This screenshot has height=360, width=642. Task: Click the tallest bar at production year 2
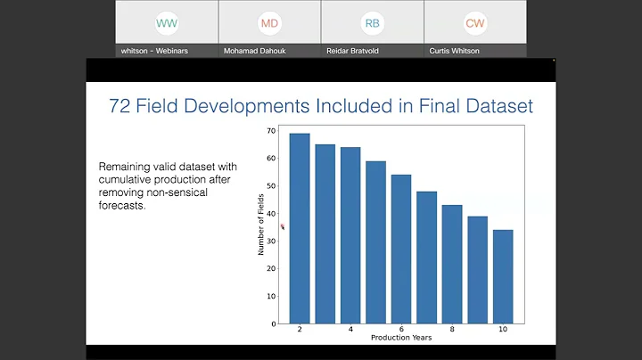(300, 228)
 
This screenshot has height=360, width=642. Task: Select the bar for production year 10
(503, 276)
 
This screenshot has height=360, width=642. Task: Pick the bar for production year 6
(401, 249)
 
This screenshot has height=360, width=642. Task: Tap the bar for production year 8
(452, 264)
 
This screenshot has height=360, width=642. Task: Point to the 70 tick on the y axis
(271, 131)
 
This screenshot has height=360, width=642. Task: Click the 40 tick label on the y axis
(271, 213)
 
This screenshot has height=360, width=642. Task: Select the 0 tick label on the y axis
(274, 323)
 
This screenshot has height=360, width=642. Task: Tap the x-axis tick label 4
(350, 330)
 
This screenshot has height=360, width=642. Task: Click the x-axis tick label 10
(503, 330)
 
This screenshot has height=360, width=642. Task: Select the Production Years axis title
(401, 338)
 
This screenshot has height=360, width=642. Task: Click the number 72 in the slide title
(120, 107)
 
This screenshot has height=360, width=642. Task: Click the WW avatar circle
(167, 23)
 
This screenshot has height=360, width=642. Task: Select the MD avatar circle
(269, 23)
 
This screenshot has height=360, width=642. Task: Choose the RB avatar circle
(372, 23)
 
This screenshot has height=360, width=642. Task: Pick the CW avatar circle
(474, 23)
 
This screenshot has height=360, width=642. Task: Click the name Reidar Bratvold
(372, 51)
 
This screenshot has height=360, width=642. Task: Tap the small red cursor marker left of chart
(283, 227)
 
